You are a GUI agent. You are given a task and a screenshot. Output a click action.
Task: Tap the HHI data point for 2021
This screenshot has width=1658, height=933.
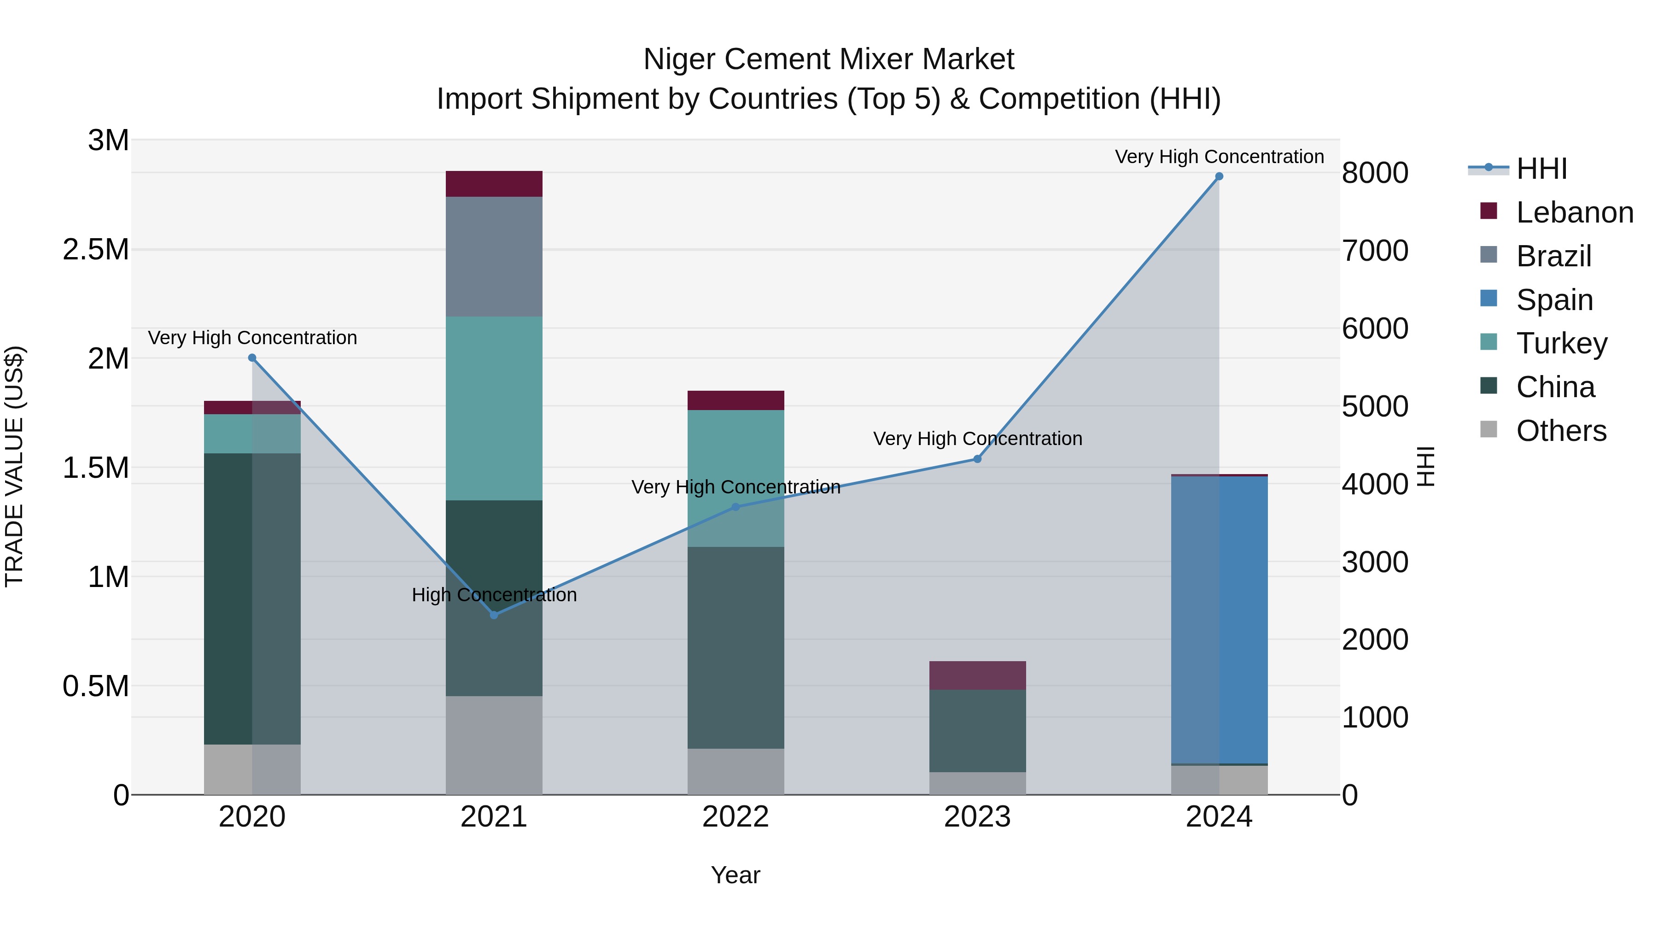[494, 615]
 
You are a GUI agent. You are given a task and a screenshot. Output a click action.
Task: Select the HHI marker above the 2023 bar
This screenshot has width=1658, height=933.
[977, 459]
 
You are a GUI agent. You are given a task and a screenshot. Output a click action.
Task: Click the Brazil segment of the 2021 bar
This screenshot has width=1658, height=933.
[494, 256]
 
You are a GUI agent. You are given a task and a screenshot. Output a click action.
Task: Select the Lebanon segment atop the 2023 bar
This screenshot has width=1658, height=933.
[977, 675]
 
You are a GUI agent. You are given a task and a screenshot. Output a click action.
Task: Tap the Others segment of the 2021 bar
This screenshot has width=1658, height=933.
[494, 745]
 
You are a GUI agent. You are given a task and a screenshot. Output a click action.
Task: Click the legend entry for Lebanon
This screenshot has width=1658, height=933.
[1574, 212]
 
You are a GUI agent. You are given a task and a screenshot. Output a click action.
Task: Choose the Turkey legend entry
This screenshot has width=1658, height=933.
[1561, 343]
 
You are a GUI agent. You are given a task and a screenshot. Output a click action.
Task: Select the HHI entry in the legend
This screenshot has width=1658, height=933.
[1541, 169]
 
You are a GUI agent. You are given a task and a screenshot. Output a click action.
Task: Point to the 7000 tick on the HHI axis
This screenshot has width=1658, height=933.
[1375, 251]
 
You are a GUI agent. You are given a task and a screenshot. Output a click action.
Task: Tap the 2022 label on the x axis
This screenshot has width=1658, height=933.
[736, 817]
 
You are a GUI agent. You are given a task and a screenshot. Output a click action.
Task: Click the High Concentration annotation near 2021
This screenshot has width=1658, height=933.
[494, 594]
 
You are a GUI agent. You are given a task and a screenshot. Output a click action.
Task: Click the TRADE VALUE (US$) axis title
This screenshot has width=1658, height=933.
[15, 466]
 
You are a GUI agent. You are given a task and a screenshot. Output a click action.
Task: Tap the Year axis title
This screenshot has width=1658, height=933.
[736, 875]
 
